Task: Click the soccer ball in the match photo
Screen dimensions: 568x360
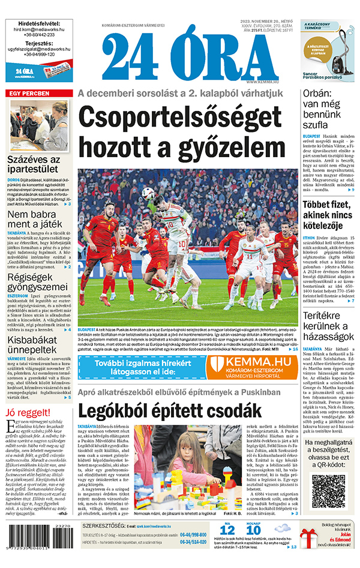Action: click(x=148, y=193)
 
